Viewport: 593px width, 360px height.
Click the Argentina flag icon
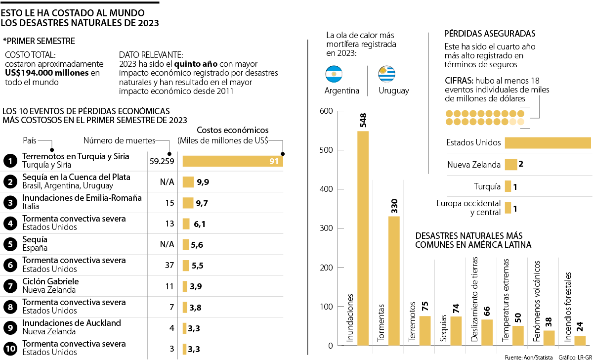[334, 74]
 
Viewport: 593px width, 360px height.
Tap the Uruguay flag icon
[387, 74]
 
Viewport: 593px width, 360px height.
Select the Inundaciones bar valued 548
[363, 237]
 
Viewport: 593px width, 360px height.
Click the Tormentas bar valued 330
[394, 280]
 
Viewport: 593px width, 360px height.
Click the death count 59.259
[162, 161]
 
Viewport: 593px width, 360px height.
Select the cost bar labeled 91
[233, 161]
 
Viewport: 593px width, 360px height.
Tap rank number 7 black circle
[10, 286]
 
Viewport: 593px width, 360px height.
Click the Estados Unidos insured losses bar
[548, 142]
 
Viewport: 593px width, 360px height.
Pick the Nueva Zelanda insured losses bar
[510, 165]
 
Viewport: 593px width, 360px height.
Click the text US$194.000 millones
[47, 73]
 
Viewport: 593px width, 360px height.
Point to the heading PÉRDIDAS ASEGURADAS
[490, 34]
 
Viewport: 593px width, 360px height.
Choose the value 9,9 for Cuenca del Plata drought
[203, 182]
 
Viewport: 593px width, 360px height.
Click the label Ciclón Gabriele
[50, 281]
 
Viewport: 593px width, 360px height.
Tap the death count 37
[169, 265]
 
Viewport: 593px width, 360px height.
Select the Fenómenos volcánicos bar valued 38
[549, 338]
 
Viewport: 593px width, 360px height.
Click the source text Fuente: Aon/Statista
[529, 357]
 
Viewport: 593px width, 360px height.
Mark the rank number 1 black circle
[10, 161]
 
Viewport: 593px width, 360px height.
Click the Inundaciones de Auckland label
[72, 323]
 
